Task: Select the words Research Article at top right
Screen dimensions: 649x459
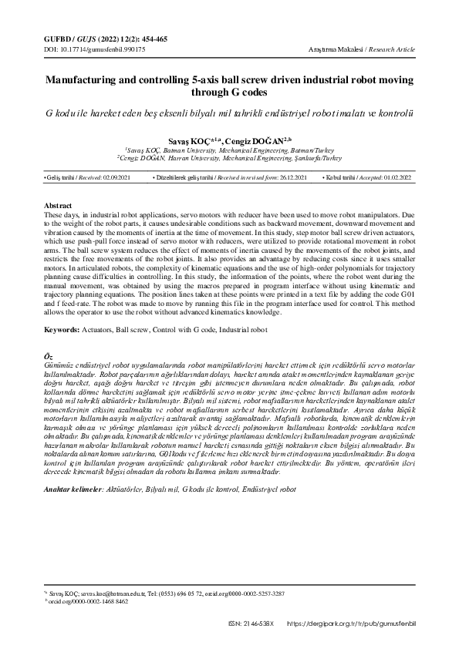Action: [394, 49]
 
